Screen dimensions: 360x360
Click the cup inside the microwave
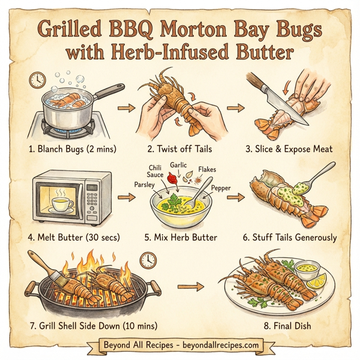pos(61,204)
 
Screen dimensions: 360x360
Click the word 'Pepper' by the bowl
pos(221,188)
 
